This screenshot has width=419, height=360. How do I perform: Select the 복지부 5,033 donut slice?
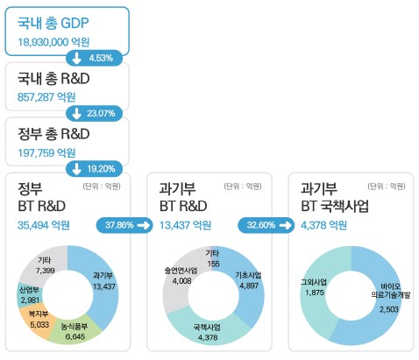39,316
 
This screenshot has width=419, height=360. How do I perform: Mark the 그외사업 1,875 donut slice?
314,289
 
